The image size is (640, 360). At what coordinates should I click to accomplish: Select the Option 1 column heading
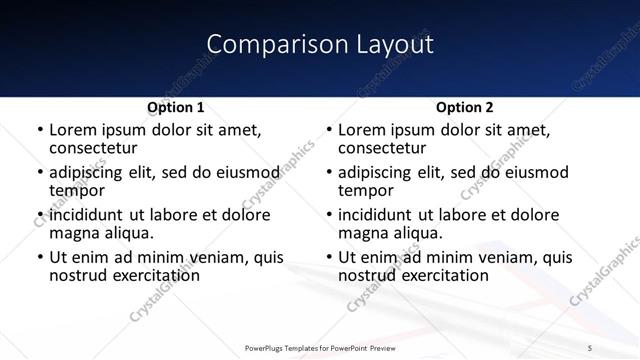point(176,107)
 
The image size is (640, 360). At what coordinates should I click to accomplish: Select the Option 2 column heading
point(464,107)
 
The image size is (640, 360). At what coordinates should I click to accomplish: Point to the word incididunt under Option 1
point(84,215)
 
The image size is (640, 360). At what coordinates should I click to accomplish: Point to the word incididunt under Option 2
point(373,215)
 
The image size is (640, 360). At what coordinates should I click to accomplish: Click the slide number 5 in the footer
point(590,347)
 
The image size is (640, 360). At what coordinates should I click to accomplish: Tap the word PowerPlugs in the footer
point(265,347)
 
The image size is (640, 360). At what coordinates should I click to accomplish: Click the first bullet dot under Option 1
point(39,131)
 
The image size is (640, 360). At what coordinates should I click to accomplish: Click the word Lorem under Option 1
point(72,130)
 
